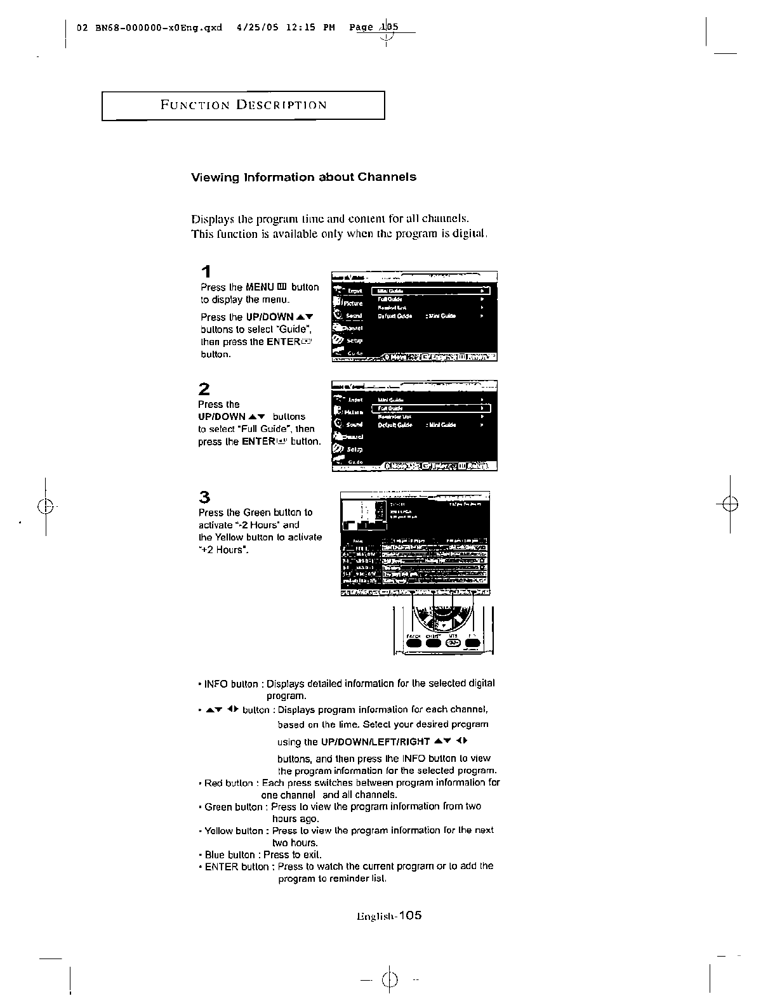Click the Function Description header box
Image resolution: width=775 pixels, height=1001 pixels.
coord(243,105)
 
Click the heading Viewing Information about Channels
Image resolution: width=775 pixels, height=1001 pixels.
coord(303,177)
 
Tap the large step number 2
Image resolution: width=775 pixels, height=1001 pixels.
coord(204,388)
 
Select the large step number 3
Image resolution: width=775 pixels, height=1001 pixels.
coord(204,497)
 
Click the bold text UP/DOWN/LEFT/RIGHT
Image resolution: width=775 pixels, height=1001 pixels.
coord(375,742)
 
